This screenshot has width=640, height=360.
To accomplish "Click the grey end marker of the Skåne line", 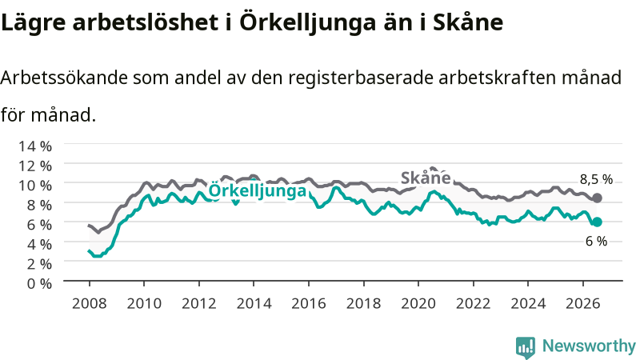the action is click(x=597, y=198).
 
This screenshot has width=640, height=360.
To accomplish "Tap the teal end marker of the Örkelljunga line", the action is click(x=597, y=222).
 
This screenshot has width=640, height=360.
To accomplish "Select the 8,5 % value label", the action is click(x=596, y=179).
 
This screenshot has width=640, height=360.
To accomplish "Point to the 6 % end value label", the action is click(x=596, y=242).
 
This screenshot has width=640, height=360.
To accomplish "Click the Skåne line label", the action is click(x=426, y=178).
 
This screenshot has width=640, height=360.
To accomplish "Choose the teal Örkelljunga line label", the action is click(x=257, y=190).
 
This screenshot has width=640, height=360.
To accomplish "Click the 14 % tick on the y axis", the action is click(x=35, y=146).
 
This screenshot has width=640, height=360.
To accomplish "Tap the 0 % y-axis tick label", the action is click(x=39, y=283).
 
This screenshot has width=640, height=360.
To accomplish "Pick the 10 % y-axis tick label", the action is click(x=35, y=186).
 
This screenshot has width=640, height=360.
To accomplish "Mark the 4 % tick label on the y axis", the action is click(x=39, y=244).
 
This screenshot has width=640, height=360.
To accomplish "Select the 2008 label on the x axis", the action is click(x=90, y=303).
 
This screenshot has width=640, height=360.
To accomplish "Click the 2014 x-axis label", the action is click(x=254, y=303).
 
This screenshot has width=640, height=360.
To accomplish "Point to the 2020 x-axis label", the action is click(x=418, y=303).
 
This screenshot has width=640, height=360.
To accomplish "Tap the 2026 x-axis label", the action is click(x=583, y=303).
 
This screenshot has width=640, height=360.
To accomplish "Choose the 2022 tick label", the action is click(x=474, y=303).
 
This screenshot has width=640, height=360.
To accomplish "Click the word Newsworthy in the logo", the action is click(x=589, y=346).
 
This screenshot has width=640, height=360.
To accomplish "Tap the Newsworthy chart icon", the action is click(x=526, y=347).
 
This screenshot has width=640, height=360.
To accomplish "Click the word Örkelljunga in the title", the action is click(x=307, y=22).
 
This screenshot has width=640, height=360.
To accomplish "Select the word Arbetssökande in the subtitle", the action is click(x=63, y=77).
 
